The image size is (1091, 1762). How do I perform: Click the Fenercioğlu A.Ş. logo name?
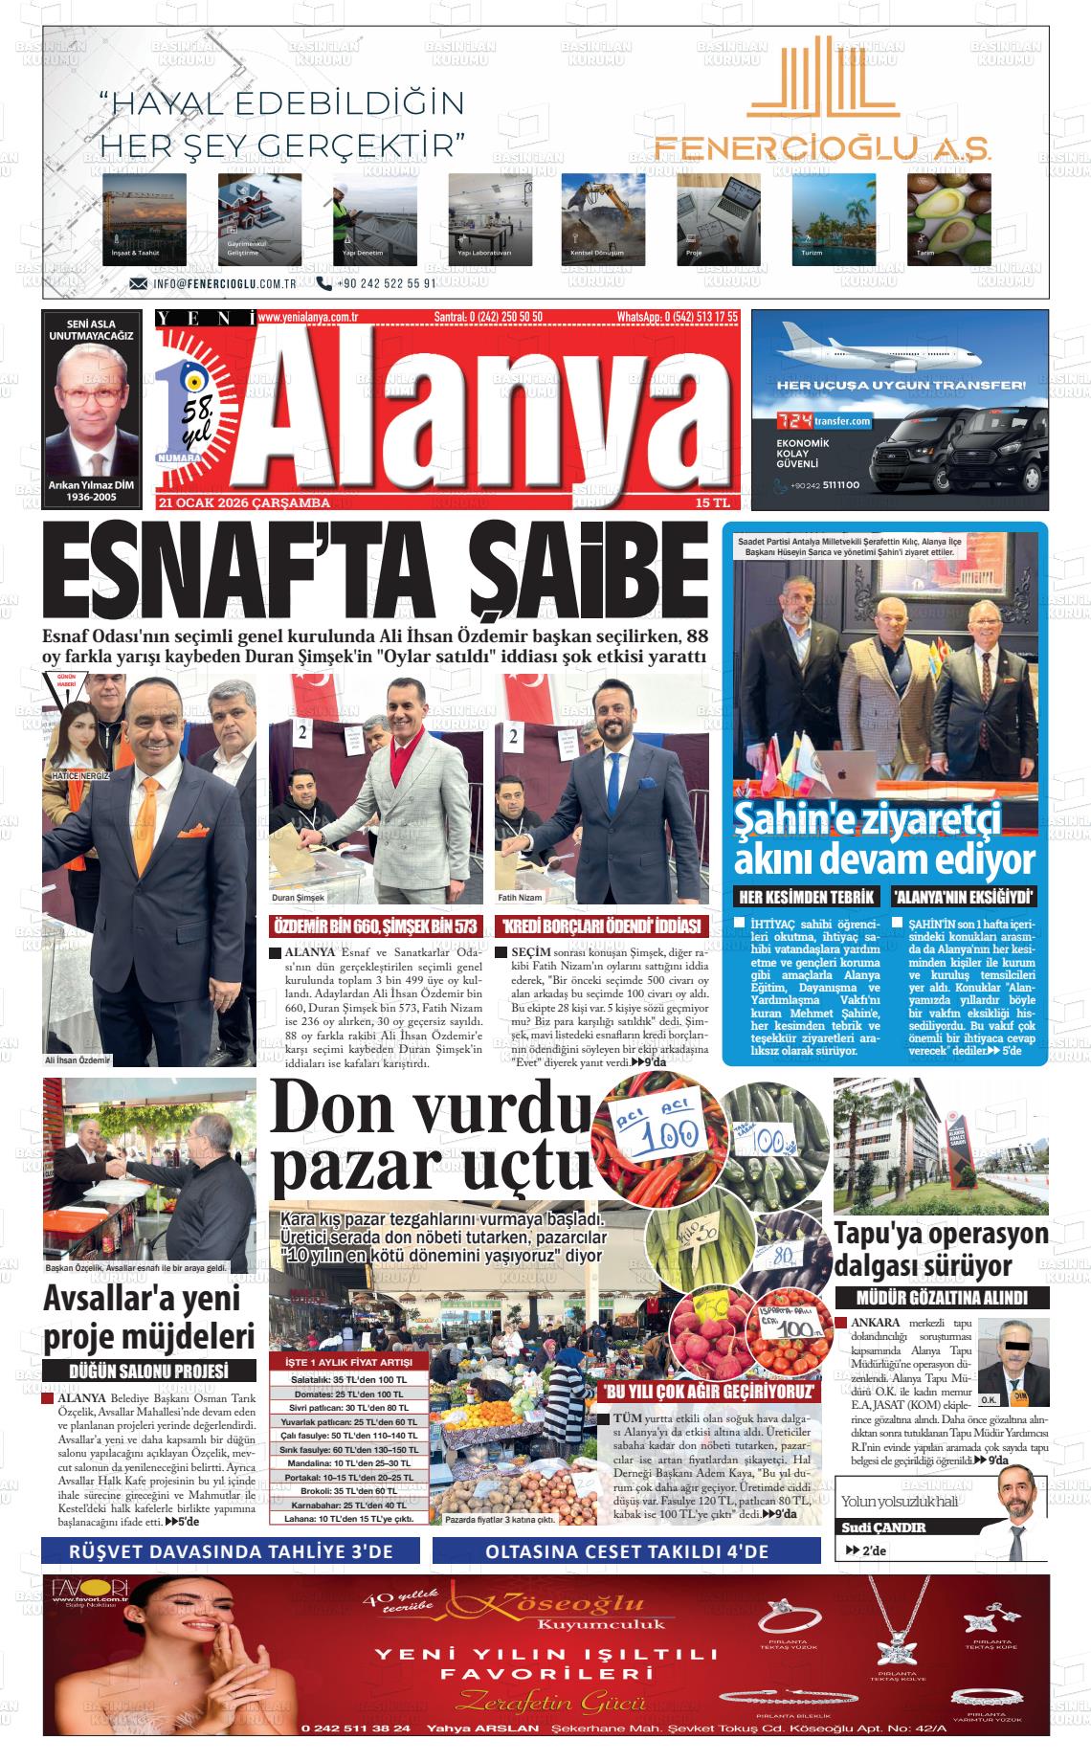click(x=822, y=145)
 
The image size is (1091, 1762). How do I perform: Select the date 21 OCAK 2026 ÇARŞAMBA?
click(x=245, y=502)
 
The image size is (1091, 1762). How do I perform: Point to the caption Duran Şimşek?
click(x=299, y=898)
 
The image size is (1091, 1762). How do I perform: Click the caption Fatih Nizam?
click(x=520, y=898)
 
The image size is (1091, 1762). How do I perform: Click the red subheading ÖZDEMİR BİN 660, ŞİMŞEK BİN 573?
click(x=375, y=926)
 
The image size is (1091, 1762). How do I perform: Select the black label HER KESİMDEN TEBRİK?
click(x=806, y=897)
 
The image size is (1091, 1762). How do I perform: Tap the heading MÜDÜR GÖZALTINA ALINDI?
click(x=942, y=1298)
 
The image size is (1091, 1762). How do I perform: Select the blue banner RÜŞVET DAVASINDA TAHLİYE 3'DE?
click(x=232, y=1551)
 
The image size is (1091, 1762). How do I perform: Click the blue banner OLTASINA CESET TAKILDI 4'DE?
click(x=626, y=1551)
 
